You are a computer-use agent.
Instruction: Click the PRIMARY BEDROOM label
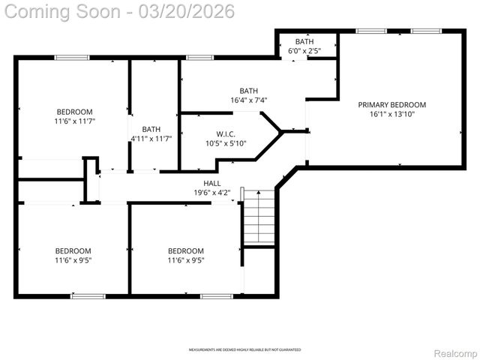pos(391,105)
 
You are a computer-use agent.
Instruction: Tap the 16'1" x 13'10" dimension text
pos(391,114)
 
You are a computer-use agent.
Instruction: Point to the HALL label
pos(212,183)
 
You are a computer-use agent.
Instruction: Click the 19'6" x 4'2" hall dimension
pos(212,192)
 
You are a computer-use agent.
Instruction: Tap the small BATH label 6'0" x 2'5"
pos(304,41)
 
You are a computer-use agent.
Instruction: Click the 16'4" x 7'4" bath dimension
pos(249,100)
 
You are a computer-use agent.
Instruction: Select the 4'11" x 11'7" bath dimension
pos(151,138)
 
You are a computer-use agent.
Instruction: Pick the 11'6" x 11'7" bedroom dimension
pos(74,121)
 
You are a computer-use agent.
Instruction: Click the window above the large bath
pos(199,58)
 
